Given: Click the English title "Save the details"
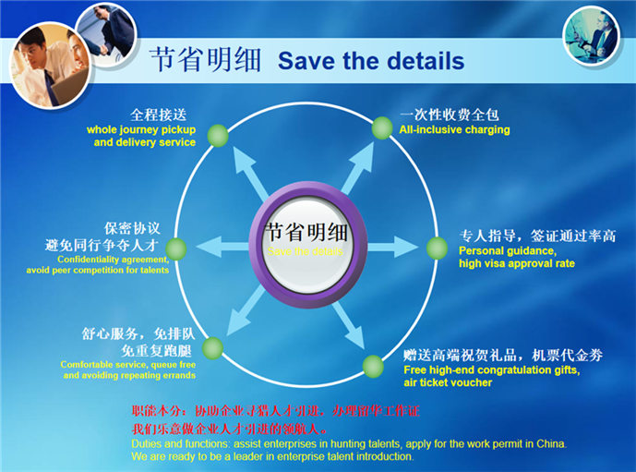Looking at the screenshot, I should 371,62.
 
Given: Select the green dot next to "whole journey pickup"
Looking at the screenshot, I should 218,135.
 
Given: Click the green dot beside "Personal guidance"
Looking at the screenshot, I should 437,248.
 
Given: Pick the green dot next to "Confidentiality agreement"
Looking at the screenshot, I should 177,248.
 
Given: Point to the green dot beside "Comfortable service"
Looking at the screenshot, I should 213,348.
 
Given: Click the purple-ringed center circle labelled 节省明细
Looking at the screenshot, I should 304,238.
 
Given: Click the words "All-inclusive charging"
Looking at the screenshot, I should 454,130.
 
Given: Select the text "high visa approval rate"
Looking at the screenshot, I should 516,263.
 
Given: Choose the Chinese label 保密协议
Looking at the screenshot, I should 133,227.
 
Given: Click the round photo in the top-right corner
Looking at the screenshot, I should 591,33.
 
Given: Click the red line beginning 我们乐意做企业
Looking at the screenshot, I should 230,429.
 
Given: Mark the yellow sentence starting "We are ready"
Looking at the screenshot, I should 272,456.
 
